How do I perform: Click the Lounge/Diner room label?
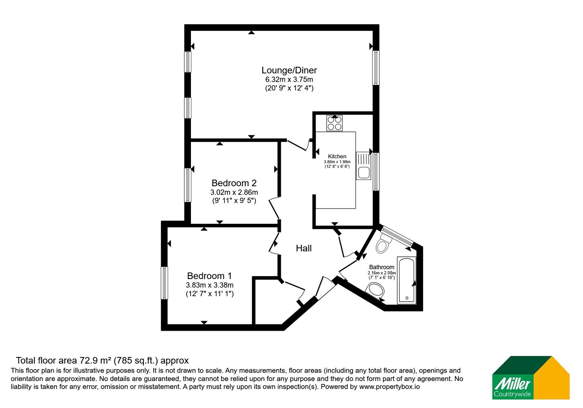click(x=289, y=70)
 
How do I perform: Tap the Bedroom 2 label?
click(x=234, y=183)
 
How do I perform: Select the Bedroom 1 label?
click(x=209, y=275)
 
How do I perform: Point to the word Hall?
click(x=304, y=248)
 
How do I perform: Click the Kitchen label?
click(x=337, y=156)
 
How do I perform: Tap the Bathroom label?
click(x=382, y=267)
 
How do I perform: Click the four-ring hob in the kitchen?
click(x=334, y=123)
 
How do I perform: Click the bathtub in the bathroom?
click(x=407, y=280)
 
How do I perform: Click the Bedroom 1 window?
click(x=164, y=283)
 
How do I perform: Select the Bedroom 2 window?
click(x=188, y=185)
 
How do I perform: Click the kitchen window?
click(x=376, y=172)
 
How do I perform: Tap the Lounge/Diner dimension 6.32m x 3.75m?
click(x=289, y=79)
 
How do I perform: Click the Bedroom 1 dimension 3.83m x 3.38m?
click(x=210, y=285)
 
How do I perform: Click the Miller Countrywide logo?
click(x=531, y=377)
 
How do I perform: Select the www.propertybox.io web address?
click(x=390, y=387)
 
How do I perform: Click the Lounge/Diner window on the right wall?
click(x=376, y=68)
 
